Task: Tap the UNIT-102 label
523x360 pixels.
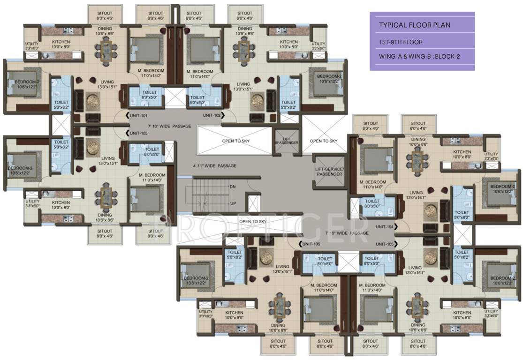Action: (x=212, y=115)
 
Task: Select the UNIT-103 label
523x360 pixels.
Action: (x=139, y=133)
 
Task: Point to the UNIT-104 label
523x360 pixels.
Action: (x=384, y=226)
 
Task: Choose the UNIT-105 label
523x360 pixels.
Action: (x=384, y=244)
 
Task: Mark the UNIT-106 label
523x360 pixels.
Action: (x=311, y=244)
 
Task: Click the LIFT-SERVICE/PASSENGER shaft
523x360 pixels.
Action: (x=329, y=172)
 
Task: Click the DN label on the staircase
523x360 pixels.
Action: (x=233, y=187)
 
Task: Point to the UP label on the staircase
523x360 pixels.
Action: (x=233, y=203)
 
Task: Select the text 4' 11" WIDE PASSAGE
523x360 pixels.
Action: (x=214, y=166)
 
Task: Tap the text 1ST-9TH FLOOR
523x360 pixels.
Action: (x=401, y=42)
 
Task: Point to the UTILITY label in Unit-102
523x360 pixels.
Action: (x=318, y=46)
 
